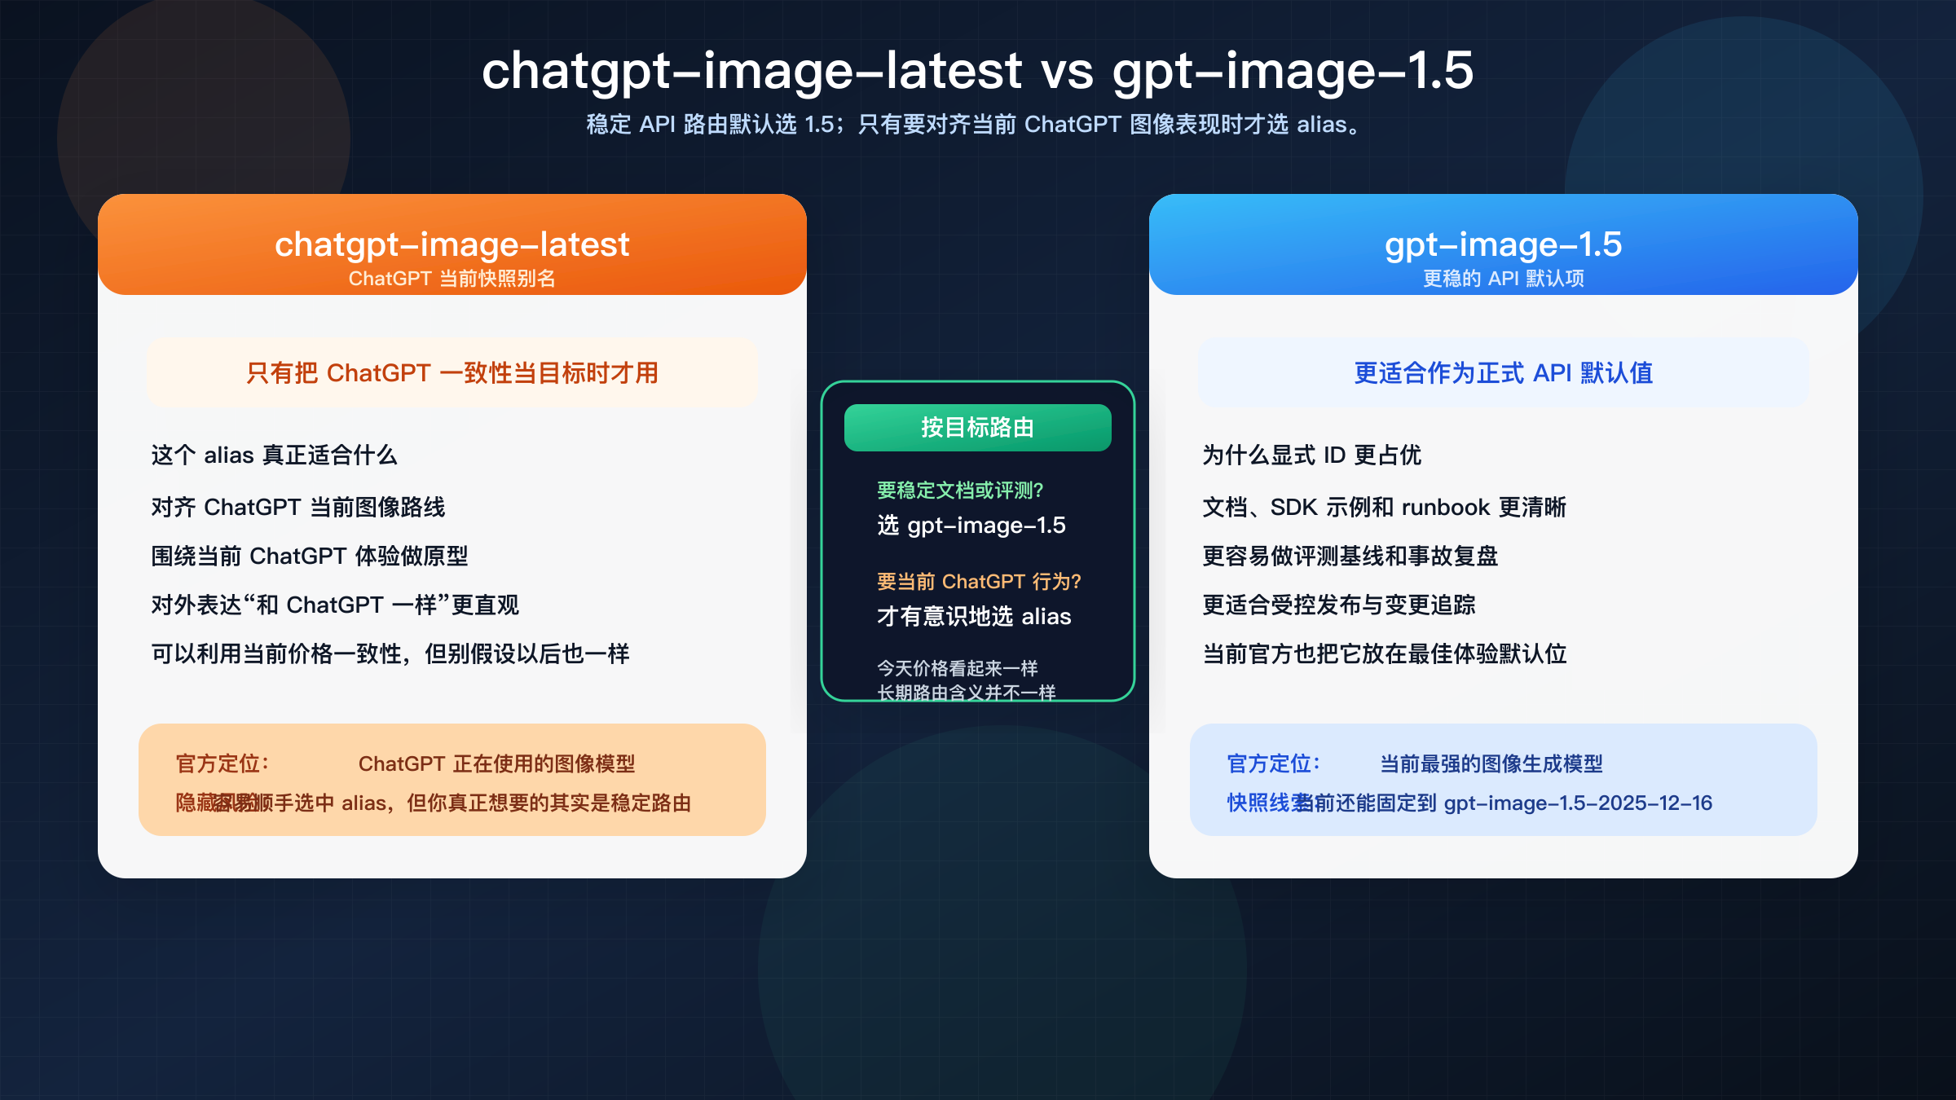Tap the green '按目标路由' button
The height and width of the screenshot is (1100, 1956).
[x=977, y=428]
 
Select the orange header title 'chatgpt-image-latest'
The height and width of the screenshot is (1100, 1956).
[x=452, y=244]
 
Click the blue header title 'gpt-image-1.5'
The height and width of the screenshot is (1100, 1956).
[x=1503, y=244]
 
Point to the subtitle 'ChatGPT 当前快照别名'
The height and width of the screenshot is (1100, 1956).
[x=452, y=279]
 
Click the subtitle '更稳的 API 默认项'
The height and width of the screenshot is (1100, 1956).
[x=1503, y=279]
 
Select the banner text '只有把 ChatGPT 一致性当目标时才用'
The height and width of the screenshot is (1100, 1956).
[x=452, y=373]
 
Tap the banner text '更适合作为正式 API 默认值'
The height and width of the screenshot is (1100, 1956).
[x=1503, y=373]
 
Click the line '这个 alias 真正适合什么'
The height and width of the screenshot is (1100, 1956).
[x=274, y=455]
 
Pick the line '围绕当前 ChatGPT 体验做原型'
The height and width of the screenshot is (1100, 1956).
[x=310, y=556]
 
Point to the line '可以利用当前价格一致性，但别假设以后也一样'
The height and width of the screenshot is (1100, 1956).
[x=390, y=653]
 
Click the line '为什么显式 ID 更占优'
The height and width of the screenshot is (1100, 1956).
[x=1311, y=455]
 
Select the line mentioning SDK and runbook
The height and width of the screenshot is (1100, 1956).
[x=1384, y=507]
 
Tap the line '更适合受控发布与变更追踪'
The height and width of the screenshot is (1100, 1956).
[x=1339, y=605]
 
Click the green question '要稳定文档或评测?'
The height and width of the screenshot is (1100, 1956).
[x=959, y=491]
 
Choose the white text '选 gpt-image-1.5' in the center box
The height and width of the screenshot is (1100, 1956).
[x=971, y=526]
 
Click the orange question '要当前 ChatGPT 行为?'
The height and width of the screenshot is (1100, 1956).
[x=978, y=582]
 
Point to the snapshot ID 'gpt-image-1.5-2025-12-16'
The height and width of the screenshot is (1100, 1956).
[x=1578, y=803]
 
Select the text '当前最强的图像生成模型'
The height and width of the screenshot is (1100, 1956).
[x=1491, y=764]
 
